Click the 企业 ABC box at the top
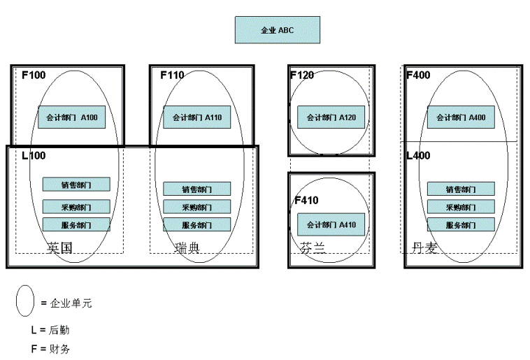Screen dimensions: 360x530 [277, 30]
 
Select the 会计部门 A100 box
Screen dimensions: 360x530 [71, 117]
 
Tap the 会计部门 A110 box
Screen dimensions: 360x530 [196, 117]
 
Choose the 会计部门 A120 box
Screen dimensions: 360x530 [331, 117]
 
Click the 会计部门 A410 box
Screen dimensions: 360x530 [331, 224]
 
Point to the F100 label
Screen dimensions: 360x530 [34, 75]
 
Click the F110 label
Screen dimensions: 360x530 [172, 75]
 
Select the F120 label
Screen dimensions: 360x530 [302, 75]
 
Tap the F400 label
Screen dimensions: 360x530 [418, 75]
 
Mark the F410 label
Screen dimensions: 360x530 [306, 201]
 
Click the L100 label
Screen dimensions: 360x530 [34, 156]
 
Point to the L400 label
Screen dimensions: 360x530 [418, 156]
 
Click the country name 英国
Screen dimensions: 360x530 [60, 247]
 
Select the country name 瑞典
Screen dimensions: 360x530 [187, 247]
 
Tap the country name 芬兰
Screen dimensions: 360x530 [312, 247]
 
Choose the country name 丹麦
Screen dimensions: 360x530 [424, 247]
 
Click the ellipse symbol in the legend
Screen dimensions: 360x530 [25, 301]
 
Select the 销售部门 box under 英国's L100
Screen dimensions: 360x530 [76, 185]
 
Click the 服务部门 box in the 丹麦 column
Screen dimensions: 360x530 [460, 225]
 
